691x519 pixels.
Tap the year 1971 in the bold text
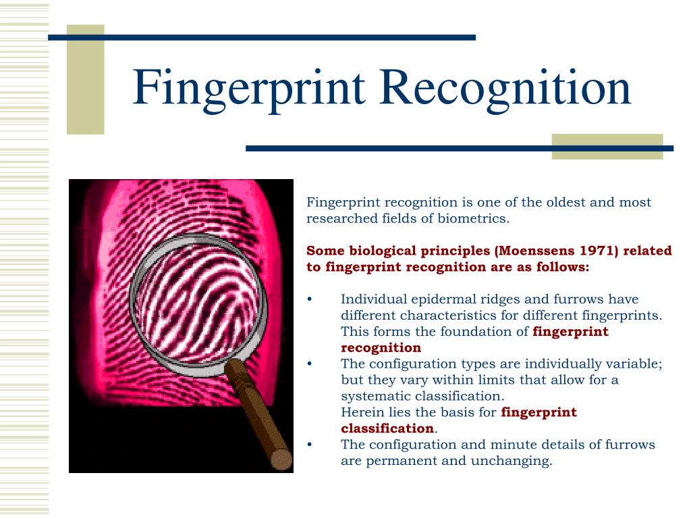coord(597,251)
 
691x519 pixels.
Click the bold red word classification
coord(387,428)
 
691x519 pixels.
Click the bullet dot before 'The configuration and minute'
coord(310,445)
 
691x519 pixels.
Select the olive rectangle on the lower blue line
coord(607,147)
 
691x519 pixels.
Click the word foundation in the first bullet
coord(479,331)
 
